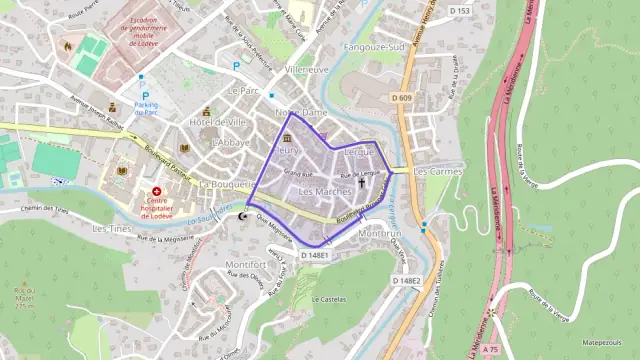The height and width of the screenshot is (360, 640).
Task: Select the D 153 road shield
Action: [x=459, y=11]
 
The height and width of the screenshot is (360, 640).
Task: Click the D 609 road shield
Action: [x=403, y=97]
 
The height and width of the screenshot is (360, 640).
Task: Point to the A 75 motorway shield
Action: [x=490, y=349]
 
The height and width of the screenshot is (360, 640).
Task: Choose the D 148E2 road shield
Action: [x=406, y=281]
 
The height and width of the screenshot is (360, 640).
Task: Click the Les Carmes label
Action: [x=436, y=171]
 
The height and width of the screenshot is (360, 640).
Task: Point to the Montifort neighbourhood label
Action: [x=246, y=264]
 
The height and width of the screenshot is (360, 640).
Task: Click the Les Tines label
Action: [x=111, y=228]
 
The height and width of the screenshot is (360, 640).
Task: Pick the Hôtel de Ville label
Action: [x=218, y=122]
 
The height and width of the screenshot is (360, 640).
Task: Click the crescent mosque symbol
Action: [x=240, y=215]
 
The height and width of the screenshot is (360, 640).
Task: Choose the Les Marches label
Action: [x=325, y=191]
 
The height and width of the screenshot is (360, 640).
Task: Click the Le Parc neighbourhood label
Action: [x=243, y=90]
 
